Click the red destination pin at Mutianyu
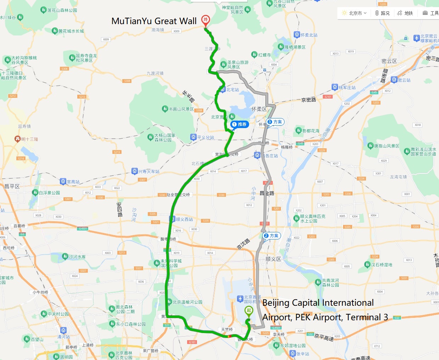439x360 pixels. click(205, 20)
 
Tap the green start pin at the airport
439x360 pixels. click(249, 311)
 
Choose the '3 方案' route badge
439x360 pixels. click(275, 122)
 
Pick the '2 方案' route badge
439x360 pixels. click(272, 236)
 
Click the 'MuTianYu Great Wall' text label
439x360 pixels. click(154, 21)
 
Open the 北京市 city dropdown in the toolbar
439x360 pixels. click(354, 13)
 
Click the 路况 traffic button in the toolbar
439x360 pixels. click(382, 13)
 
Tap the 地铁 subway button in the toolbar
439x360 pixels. click(405, 13)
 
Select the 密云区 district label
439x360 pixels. click(389, 61)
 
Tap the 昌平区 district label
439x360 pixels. click(12, 186)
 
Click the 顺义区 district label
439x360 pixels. click(273, 259)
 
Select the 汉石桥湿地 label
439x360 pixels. click(381, 265)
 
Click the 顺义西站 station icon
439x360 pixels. click(172, 219)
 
